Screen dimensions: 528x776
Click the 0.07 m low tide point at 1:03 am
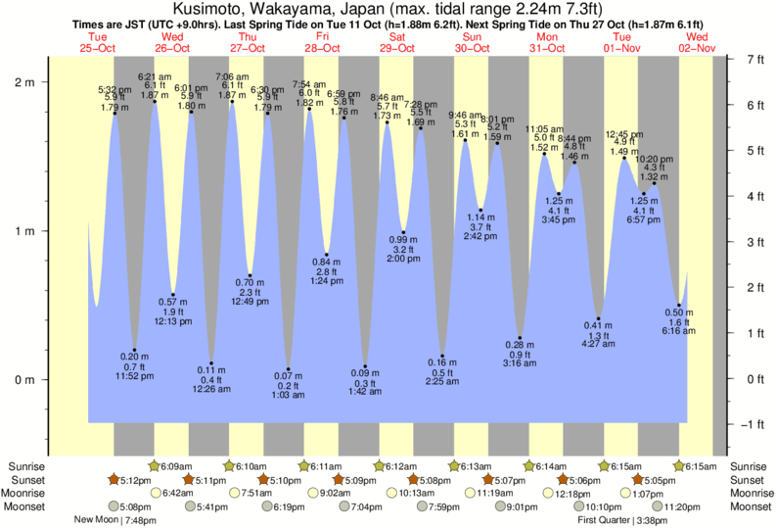pos(288,370)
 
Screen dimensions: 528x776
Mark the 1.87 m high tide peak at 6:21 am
pos(154,101)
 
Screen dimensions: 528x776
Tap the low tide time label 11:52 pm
pos(134,376)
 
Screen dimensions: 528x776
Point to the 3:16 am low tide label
pos(520,363)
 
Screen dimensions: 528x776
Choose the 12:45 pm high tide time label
pos(623,134)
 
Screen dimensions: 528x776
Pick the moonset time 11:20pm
pos(683,507)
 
